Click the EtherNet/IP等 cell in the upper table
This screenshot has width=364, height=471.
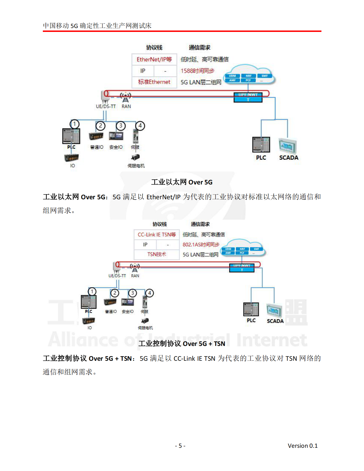point(154,59)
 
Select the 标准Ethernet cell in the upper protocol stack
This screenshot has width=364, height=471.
point(154,82)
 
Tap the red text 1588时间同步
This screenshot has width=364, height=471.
point(197,71)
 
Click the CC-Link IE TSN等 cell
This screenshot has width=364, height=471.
point(157,235)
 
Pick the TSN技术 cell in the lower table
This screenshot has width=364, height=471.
point(157,254)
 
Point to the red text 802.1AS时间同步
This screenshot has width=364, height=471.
point(201,245)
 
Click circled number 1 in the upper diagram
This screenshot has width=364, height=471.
point(74,124)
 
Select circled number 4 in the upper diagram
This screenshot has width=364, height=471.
point(140,126)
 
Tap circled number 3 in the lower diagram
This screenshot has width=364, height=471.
point(132,293)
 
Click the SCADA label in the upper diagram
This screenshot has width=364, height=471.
point(289,158)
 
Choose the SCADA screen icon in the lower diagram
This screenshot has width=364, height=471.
point(274,310)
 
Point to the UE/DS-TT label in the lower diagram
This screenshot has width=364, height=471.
point(117,276)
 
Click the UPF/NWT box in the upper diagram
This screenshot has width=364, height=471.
point(248,97)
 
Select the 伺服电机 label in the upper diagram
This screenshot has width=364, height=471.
point(136,166)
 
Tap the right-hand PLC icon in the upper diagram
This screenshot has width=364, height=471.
point(261,144)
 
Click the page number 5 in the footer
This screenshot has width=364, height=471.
point(180,446)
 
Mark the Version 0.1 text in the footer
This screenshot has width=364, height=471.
point(302,446)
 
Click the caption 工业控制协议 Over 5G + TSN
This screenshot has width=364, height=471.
point(182,344)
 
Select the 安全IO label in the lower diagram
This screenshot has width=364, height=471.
point(128,312)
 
